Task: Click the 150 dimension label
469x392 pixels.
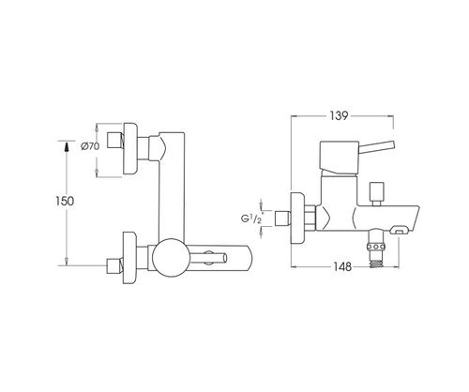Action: (65, 201)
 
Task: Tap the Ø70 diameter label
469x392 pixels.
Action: (90, 146)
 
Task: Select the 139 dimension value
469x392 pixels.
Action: (339, 115)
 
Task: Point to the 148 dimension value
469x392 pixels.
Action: (342, 267)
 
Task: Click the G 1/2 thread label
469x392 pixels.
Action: (251, 219)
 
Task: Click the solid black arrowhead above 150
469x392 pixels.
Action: (66, 147)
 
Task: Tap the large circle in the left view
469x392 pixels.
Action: (171, 258)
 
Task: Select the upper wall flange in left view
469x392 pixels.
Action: (130, 148)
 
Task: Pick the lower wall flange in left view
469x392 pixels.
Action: (130, 258)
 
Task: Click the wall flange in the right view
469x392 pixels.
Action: (297, 219)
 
